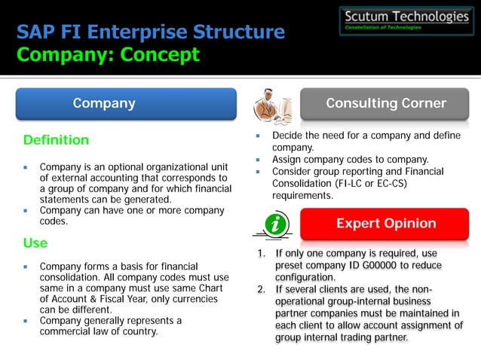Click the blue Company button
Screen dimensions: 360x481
pos(104,104)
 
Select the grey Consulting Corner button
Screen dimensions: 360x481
pos(385,104)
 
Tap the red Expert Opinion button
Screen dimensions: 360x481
pos(385,224)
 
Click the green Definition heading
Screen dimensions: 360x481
pos(57,140)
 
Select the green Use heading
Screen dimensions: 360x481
pos(35,243)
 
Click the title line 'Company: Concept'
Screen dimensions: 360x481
pos(109,54)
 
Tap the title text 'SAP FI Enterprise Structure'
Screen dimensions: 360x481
pos(151,32)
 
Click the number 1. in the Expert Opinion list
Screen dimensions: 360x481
pos(262,254)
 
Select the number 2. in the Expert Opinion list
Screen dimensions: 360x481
pos(262,289)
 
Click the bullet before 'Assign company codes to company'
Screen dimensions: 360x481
pos(257,160)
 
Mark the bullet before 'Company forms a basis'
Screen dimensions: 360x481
pos(25,267)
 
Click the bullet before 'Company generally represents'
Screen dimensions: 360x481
pos(25,321)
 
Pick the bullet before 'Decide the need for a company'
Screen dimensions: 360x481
pos(257,136)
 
